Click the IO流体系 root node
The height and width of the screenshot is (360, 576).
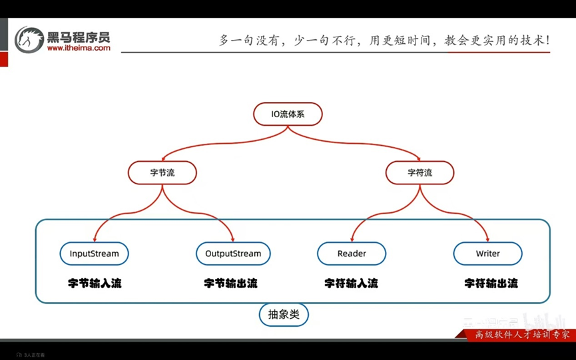[x=288, y=114]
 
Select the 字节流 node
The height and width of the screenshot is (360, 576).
[x=162, y=173]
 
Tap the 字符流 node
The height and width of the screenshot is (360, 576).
[x=420, y=173]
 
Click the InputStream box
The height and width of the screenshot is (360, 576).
[x=94, y=254]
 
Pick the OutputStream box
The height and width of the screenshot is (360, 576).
[x=233, y=254]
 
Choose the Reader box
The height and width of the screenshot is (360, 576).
[x=352, y=254]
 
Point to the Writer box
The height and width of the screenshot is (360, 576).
[x=487, y=254]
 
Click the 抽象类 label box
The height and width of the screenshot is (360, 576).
[x=284, y=315]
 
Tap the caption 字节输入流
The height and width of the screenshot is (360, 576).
[x=95, y=283]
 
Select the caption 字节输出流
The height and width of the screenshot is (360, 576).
[x=230, y=283]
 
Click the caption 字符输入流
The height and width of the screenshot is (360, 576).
[x=351, y=283]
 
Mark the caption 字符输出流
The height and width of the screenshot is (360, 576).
[x=491, y=283]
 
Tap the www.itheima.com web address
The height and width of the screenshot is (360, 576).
[x=79, y=48]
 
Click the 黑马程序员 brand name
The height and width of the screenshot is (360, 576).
[x=79, y=36]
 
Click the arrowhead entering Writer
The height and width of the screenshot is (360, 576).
[x=488, y=240]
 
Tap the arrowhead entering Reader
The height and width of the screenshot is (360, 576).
[x=352, y=240]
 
